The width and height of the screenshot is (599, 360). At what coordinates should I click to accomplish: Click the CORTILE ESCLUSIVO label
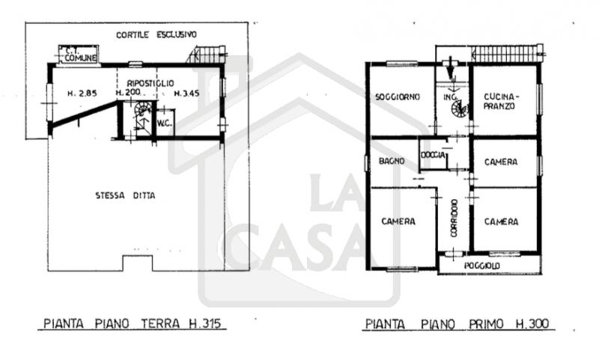[156, 34]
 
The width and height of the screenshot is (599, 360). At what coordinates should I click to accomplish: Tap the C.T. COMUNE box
[78, 54]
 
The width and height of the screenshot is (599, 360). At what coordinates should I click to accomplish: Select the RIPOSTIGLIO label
[150, 83]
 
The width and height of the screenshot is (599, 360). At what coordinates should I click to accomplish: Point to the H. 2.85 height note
[82, 93]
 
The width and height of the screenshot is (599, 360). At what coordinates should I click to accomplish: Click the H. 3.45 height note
[186, 93]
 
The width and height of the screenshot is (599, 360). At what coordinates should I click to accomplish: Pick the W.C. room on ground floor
[165, 123]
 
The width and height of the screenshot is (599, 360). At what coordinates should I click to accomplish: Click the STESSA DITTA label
[125, 196]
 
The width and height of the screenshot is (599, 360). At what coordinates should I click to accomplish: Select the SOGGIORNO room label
[398, 97]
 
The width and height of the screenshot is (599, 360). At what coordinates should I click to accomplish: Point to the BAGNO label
[392, 161]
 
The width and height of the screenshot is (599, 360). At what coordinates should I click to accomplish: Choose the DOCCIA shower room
[434, 155]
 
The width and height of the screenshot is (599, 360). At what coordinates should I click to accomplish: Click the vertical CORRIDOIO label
[454, 218]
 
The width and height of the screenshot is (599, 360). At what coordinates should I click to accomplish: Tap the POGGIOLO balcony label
[482, 266]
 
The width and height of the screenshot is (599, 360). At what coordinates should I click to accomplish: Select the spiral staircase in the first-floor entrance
[459, 109]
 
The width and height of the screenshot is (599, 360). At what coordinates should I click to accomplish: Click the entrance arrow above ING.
[451, 67]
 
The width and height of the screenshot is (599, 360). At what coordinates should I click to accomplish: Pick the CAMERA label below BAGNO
[398, 222]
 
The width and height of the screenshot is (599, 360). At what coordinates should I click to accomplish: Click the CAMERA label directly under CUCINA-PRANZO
[501, 162]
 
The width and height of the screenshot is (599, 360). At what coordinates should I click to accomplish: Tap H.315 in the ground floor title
[204, 324]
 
